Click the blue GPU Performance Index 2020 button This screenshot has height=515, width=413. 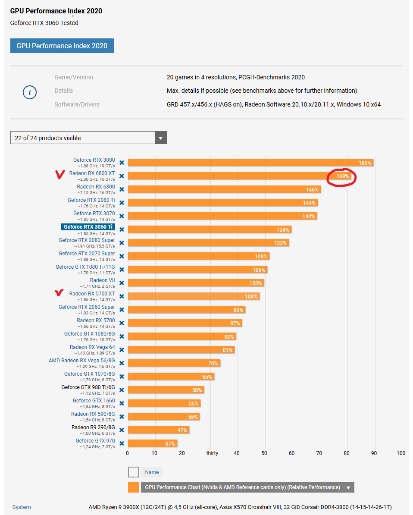(x=62, y=46)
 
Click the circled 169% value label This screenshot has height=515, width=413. (x=342, y=176)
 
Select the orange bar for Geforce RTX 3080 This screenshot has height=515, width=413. (x=250, y=163)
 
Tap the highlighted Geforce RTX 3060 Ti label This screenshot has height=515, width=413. (x=88, y=226)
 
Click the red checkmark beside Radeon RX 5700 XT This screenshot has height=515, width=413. (x=59, y=293)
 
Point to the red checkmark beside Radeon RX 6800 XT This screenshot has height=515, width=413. (x=59, y=174)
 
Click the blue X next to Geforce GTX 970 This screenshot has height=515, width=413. (x=122, y=443)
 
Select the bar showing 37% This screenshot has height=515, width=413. (x=152, y=443)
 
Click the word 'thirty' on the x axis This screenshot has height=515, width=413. (x=212, y=453)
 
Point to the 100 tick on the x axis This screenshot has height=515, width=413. (x=401, y=453)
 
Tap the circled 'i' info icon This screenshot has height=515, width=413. (x=30, y=92)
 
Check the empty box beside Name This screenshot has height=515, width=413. (x=133, y=472)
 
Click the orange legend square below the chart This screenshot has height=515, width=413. (x=133, y=487)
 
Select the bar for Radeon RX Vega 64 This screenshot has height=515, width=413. (x=181, y=350)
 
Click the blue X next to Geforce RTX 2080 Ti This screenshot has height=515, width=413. (x=122, y=203)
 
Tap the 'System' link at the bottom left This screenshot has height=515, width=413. (x=22, y=507)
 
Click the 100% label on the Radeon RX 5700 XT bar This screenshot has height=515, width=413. (x=251, y=297)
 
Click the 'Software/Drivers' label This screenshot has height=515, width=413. (x=77, y=104)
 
